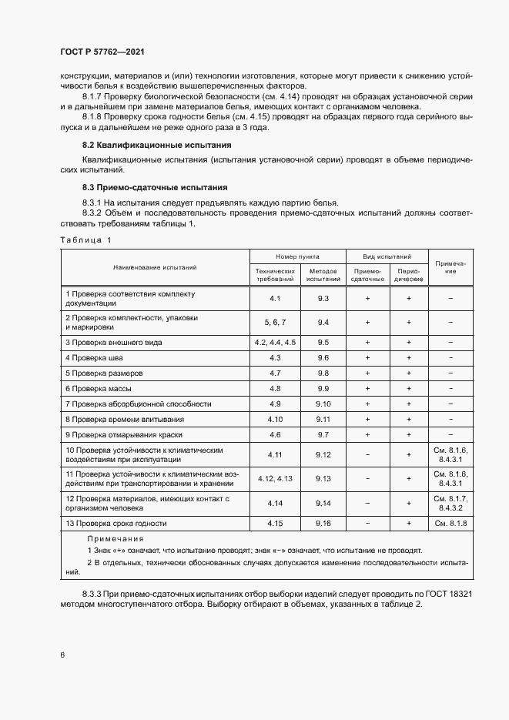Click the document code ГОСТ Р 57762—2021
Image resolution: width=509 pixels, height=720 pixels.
pos(102,52)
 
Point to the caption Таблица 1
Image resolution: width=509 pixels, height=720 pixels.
pos(85,239)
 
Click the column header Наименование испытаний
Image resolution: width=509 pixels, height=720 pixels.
pos(155,267)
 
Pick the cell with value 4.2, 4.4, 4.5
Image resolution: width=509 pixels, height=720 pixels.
pos(275,342)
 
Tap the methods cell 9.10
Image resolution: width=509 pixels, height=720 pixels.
pos(323,404)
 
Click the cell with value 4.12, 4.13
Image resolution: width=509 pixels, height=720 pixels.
pos(275,478)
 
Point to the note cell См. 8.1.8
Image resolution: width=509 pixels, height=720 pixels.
pos(450,523)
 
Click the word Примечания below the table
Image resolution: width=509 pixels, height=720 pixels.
pos(115,539)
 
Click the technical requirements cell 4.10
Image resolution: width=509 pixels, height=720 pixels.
pos(275,419)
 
